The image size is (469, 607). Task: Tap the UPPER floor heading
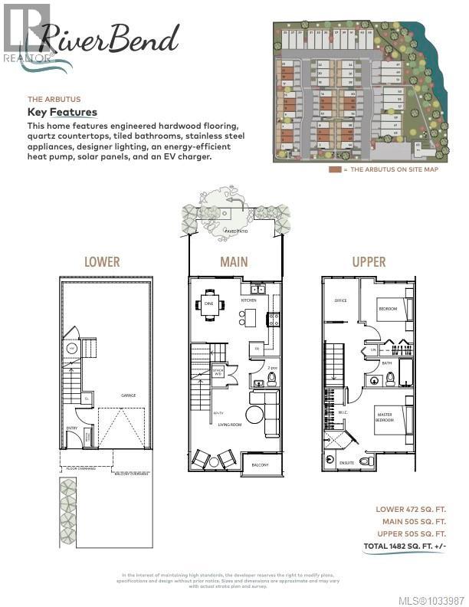tap(368, 261)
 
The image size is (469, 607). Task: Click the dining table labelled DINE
tap(209, 304)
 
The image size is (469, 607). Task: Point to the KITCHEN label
tap(249, 300)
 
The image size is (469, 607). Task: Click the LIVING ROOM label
tap(229, 424)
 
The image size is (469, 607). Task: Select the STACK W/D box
tap(218, 373)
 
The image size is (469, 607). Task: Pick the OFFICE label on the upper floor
tap(340, 300)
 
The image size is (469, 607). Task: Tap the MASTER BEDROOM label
tap(385, 418)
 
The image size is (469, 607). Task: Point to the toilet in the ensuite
tap(367, 461)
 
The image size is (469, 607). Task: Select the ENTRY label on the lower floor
tap(72, 428)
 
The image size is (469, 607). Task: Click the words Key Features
tap(62, 112)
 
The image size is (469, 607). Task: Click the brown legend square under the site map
tap(334, 169)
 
